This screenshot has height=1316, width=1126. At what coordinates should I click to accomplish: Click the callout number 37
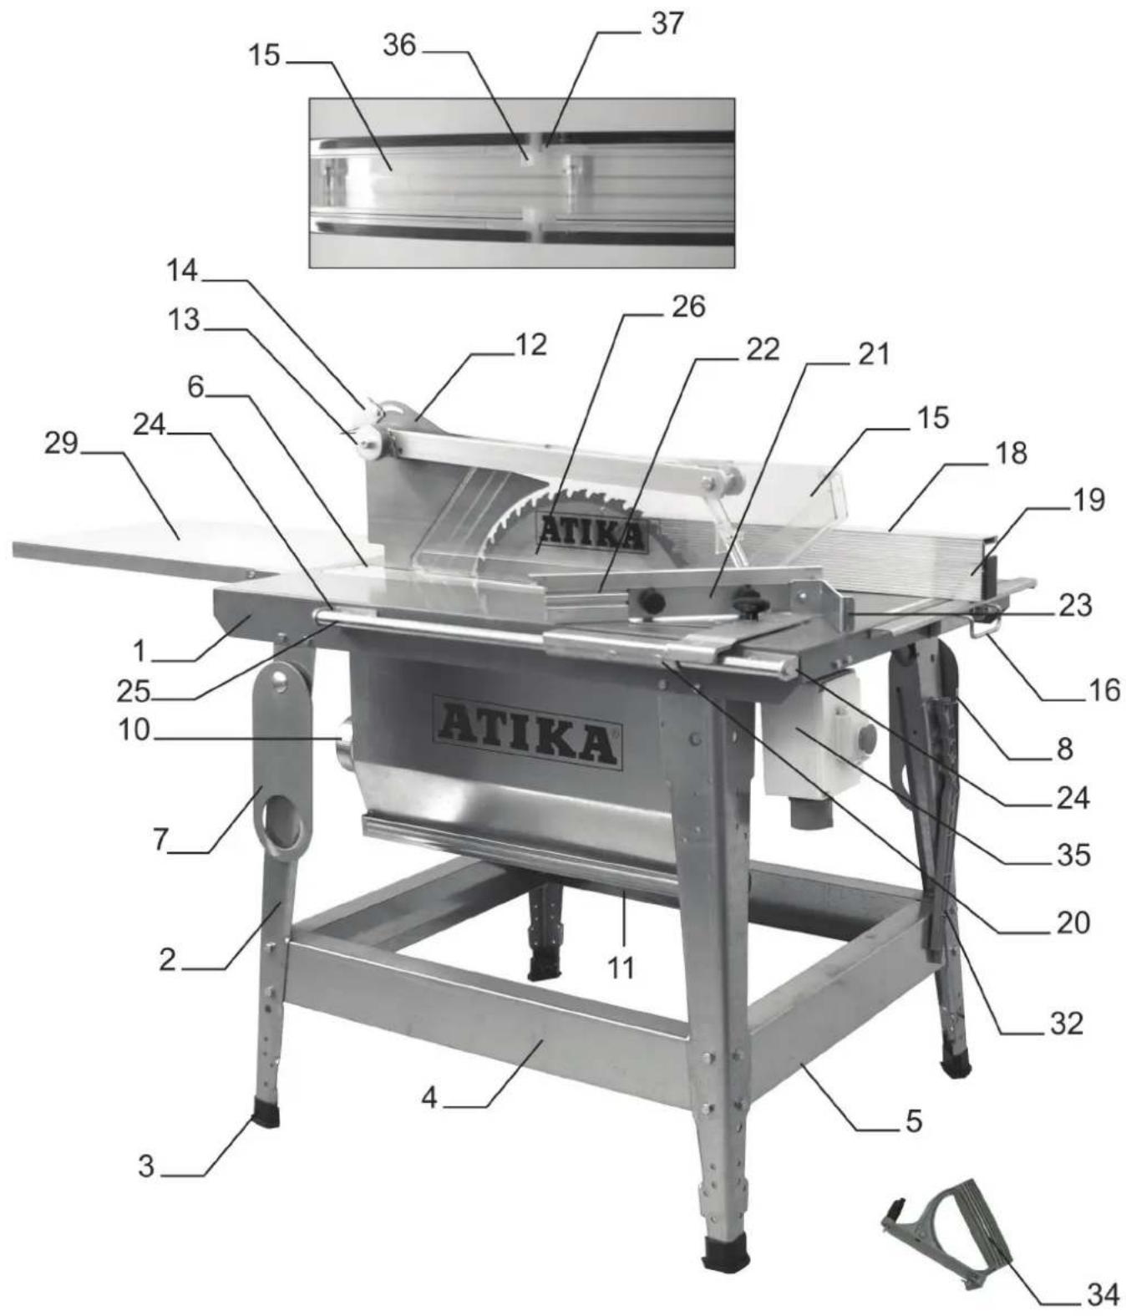coord(667,23)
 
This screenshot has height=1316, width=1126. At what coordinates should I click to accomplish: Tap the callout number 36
coord(399,45)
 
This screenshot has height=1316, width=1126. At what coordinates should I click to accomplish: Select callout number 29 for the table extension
coord(61,442)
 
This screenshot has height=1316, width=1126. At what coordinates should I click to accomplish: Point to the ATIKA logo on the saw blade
coord(592,532)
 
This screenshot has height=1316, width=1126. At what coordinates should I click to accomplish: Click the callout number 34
coord(1102,1294)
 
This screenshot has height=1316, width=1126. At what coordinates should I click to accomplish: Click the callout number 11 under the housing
coord(621,968)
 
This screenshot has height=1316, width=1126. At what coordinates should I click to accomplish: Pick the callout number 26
coord(688,307)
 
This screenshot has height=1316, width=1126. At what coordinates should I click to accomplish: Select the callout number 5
coord(913,1120)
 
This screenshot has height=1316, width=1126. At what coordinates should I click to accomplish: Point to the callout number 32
coord(1066,1023)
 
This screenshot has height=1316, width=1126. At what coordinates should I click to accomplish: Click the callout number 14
coord(182,271)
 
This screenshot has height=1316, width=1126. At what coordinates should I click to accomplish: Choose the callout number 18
coord(1011,454)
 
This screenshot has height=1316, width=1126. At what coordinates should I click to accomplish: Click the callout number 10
coord(134,729)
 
